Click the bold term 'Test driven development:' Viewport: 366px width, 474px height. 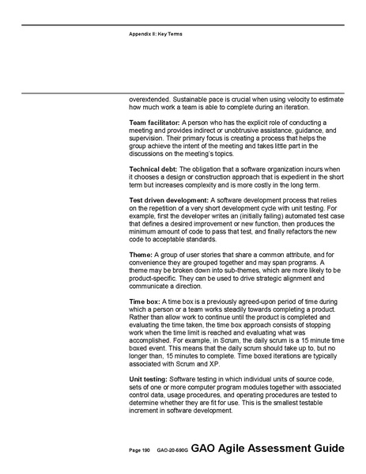click(x=169, y=200)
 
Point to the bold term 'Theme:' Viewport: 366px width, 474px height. click(x=141, y=254)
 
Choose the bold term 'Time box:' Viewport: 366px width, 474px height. click(x=146, y=301)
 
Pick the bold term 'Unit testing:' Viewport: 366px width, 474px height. click(x=149, y=379)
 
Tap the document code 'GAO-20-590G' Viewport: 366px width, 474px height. click(x=170, y=450)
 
